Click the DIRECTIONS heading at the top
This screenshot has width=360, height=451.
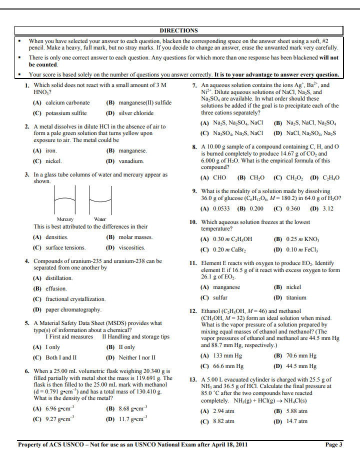pyautogui.click(x=178, y=30)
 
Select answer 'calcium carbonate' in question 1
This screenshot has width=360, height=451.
pyautogui.click(x=67, y=103)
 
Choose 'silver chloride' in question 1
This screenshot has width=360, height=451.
pyautogui.click(x=136, y=113)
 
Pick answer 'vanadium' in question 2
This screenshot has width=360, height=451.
pyautogui.click(x=131, y=161)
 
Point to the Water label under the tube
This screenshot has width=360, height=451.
pyautogui.click(x=100, y=219)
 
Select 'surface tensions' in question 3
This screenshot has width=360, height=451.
pyautogui.click(x=65, y=247)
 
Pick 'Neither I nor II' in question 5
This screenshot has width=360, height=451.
pyautogui.click(x=137, y=358)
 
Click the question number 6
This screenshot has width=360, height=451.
pyautogui.click(x=27, y=371)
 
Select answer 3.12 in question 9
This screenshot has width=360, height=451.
pyautogui.click(x=328, y=208)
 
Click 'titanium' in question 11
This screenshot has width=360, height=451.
pyautogui.click(x=296, y=298)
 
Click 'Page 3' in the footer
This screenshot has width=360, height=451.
pyautogui.click(x=333, y=444)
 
